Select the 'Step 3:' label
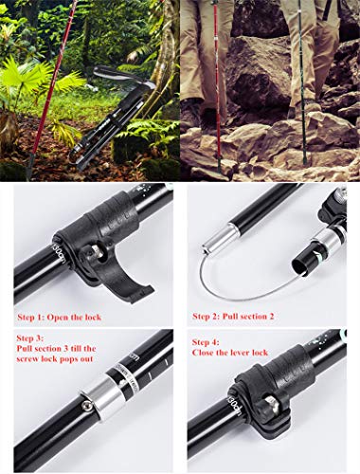[31, 337]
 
